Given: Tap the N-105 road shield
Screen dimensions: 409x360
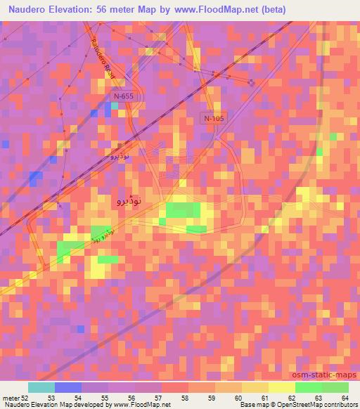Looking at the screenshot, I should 214,119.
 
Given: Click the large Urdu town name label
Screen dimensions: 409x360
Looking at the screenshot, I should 127,202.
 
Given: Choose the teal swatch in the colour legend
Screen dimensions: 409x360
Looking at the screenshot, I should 41,387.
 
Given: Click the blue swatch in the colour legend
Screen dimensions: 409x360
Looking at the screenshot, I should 68,387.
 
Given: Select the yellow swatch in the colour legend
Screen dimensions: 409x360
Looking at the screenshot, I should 281,387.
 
